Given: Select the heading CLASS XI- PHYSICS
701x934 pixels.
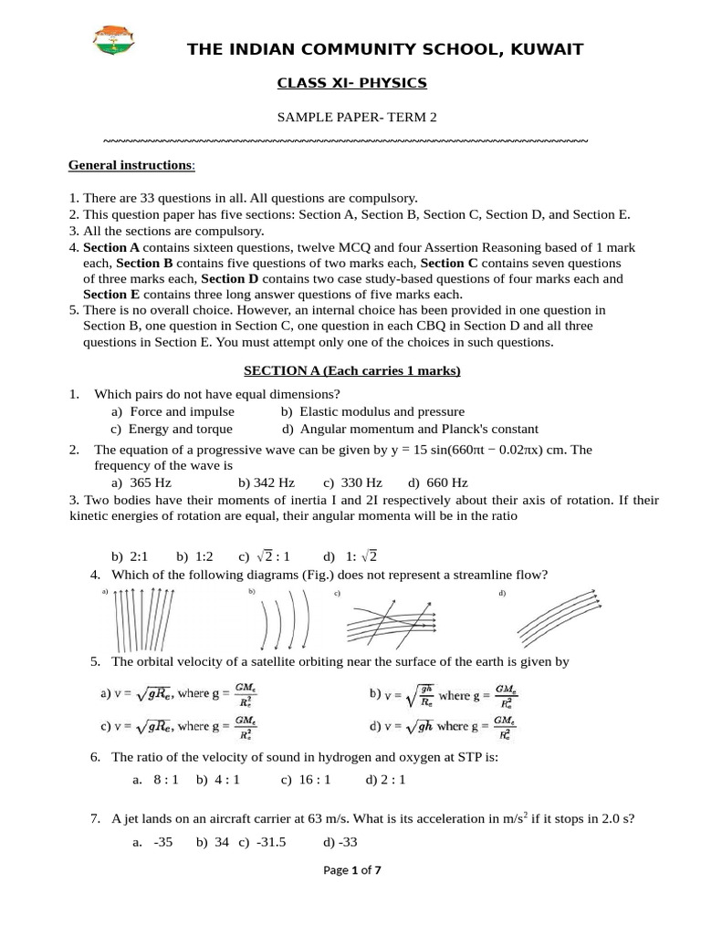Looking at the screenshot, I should [351, 84].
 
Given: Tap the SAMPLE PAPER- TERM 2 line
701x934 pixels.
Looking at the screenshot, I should [351, 118].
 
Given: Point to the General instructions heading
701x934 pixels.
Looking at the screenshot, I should [131, 165].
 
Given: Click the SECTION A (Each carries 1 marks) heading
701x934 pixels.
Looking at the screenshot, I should [351, 371].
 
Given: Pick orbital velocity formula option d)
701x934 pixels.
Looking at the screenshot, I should [444, 726].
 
